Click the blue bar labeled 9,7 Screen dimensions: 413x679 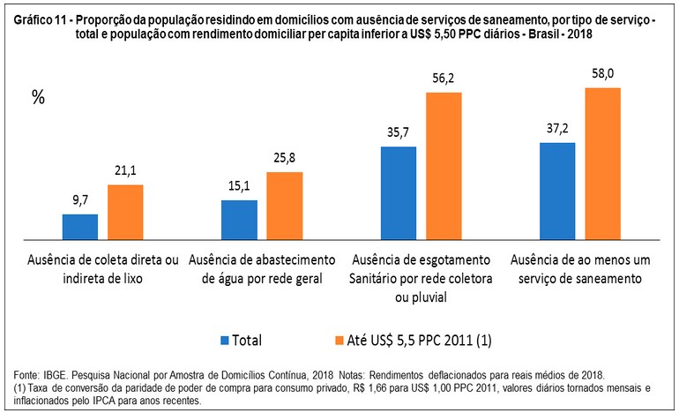coord(79,227)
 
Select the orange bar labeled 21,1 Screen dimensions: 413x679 coord(125,212)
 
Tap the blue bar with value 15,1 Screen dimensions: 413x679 coord(239,220)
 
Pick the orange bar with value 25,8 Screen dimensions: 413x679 coord(284,206)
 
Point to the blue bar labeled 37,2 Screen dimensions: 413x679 coord(556,191)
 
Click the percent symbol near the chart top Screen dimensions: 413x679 coord(38,98)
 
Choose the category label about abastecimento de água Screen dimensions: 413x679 coord(262,268)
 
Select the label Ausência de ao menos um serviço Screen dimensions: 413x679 coord(578,268)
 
